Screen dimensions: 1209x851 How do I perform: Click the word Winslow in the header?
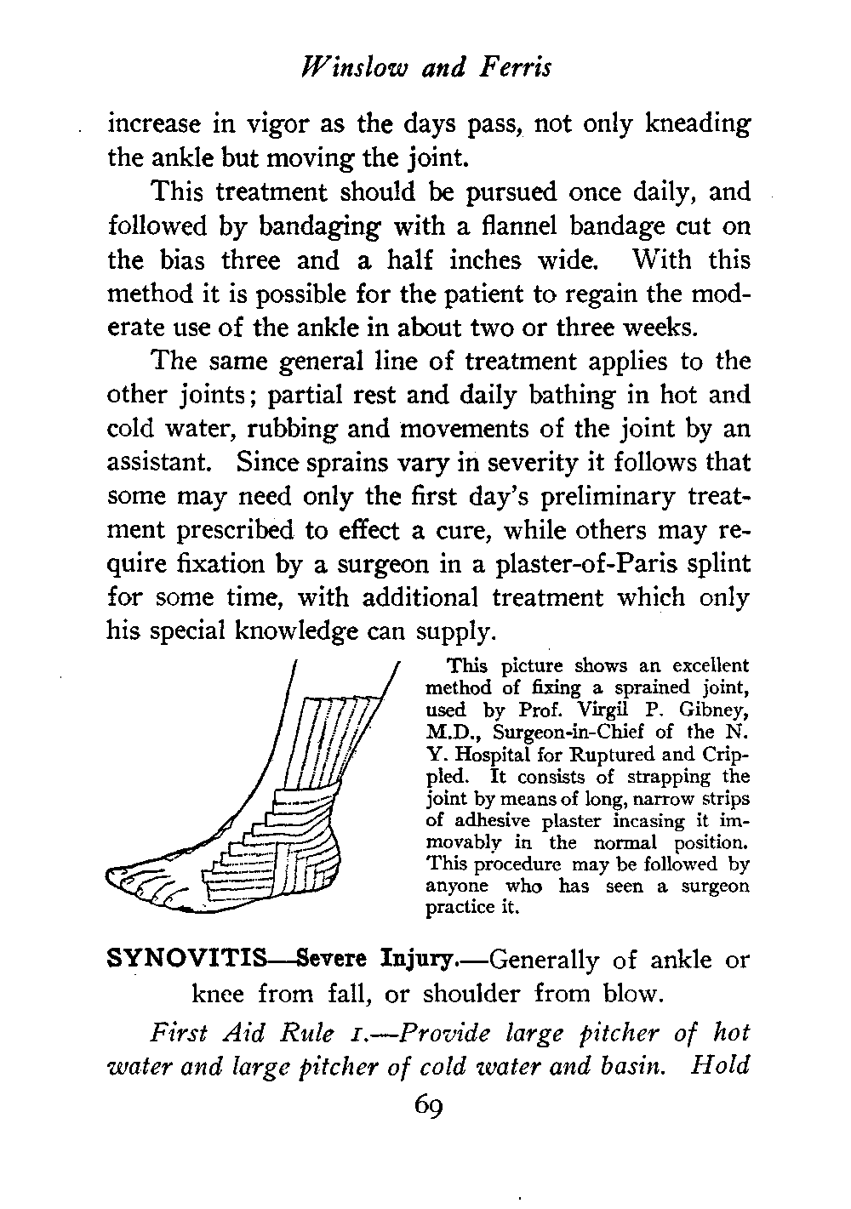coord(351,66)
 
